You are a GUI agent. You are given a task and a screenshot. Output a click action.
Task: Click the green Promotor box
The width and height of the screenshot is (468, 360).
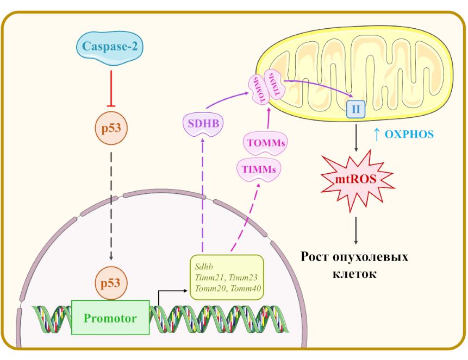coord(110,318)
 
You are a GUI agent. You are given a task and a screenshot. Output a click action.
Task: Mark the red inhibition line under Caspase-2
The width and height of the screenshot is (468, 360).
coord(111,87)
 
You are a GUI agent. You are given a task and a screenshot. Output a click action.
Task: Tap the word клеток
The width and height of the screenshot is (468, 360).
coord(354,274)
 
